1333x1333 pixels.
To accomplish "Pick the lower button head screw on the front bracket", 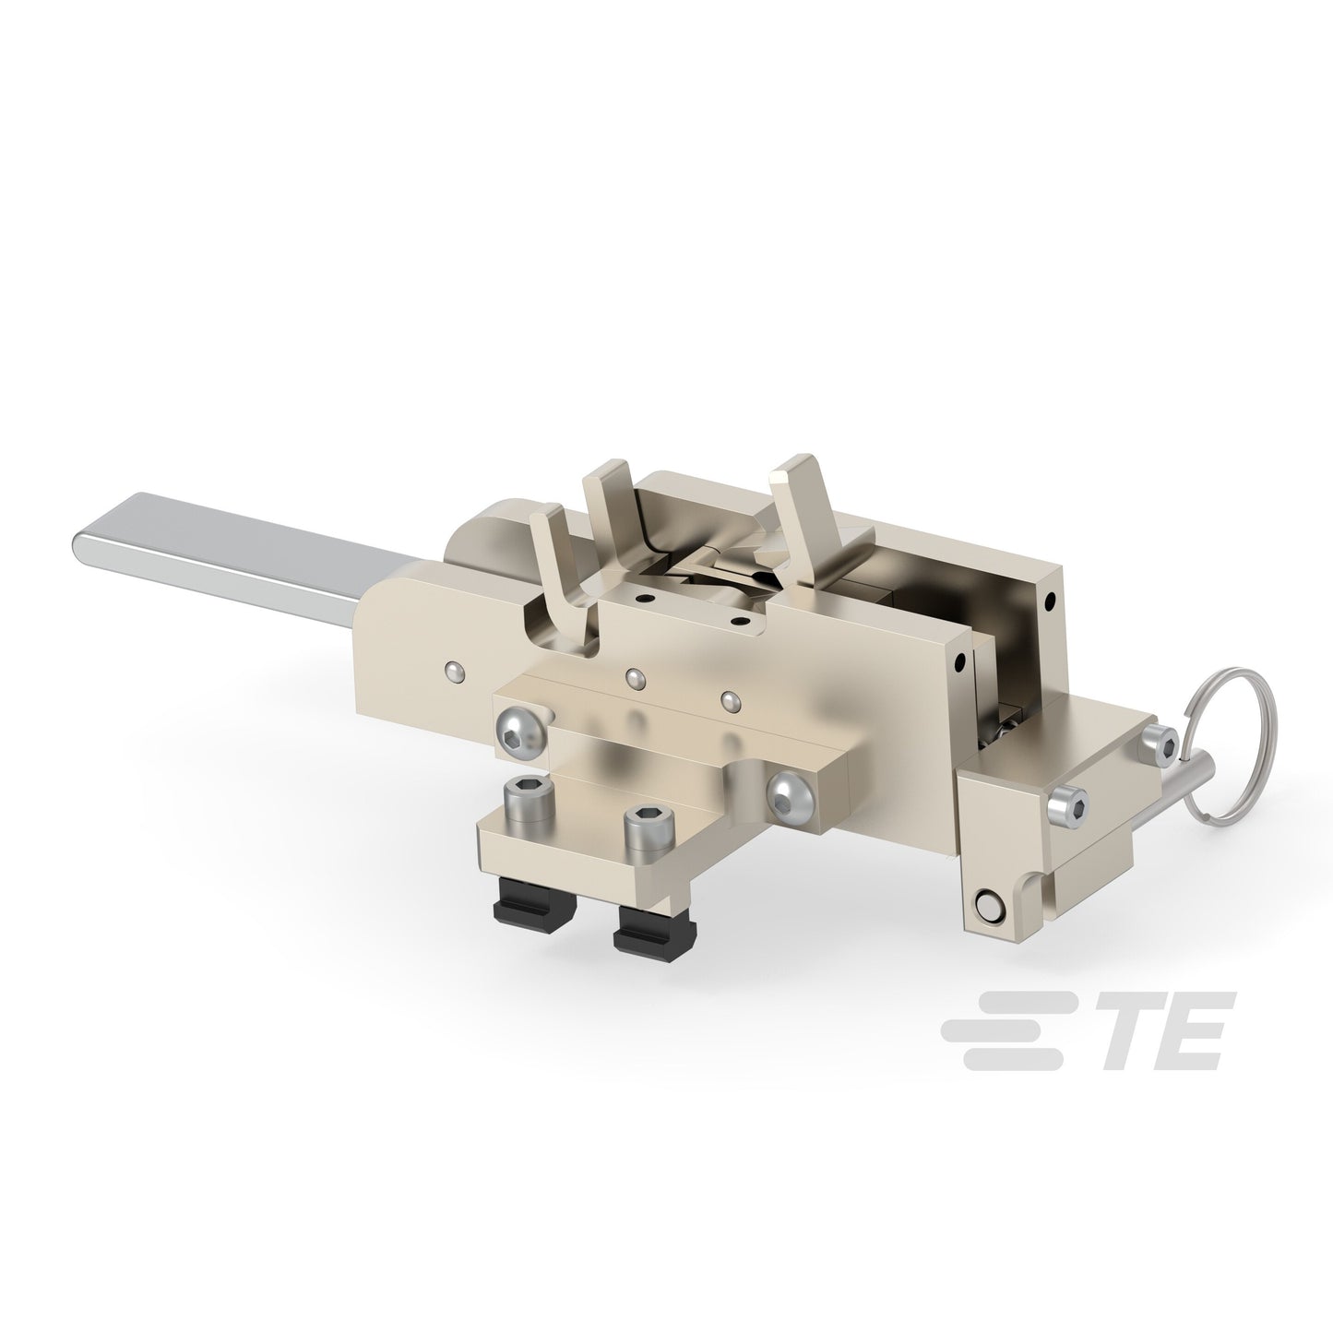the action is tap(793, 798).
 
